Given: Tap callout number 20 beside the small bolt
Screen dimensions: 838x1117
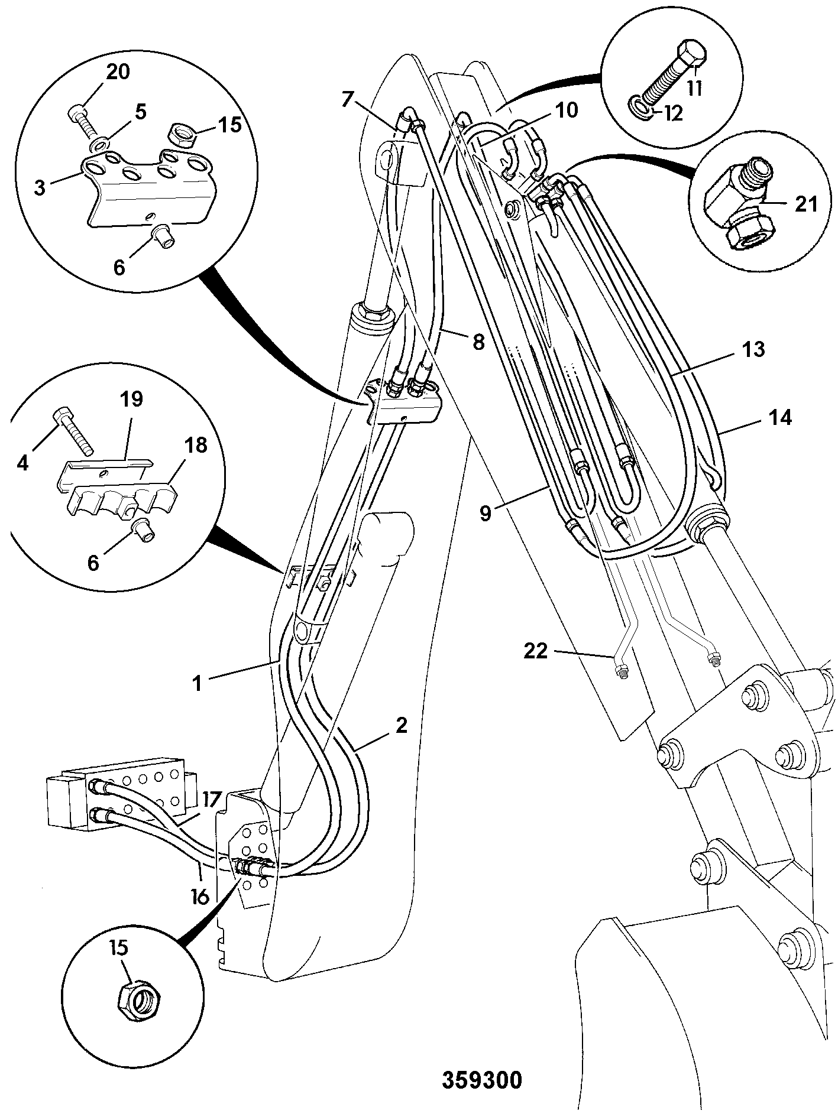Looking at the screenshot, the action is coord(118,72).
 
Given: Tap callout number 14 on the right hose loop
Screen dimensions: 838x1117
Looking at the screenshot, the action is coord(779,418).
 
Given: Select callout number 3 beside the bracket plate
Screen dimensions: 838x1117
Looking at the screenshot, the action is coord(39,189).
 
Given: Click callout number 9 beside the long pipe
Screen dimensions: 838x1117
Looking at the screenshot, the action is coord(486,514).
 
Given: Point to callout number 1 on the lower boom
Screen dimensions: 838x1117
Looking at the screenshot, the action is coord(198,683).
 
